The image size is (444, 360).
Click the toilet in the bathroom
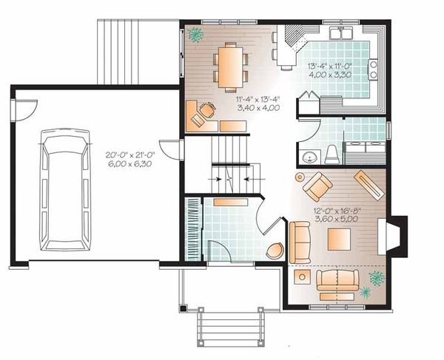click(x=332, y=154)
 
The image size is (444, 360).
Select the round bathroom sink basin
click(x=309, y=157)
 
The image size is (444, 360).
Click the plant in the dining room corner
click(x=196, y=33)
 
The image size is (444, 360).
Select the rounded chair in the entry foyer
click(x=275, y=251)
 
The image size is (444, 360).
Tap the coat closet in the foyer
click(x=194, y=228)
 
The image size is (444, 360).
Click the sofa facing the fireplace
click(x=300, y=242)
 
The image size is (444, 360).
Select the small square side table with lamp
click(x=302, y=276)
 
